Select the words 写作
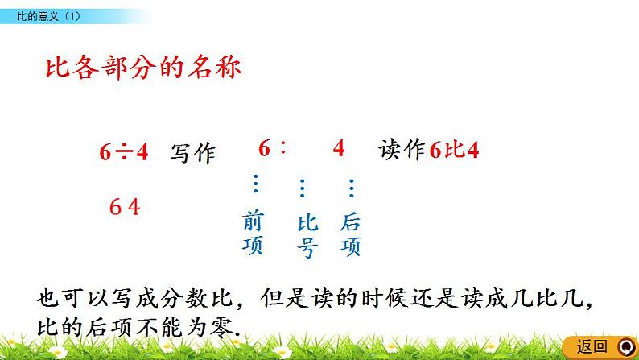pos(192,153)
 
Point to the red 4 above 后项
pos(338,149)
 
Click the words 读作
pos(401,151)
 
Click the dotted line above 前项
pos(255,185)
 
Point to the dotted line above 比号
pos(303,188)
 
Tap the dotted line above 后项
pos(351,188)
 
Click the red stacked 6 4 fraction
pos(125,208)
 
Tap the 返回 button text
pos(592,347)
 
